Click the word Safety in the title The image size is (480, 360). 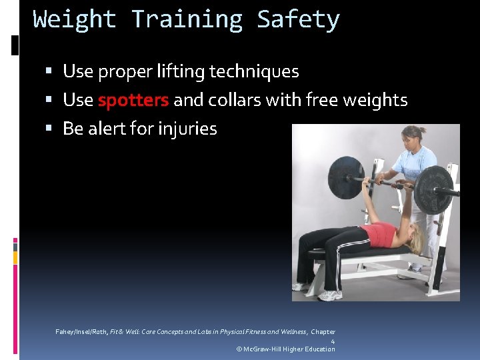tap(298, 19)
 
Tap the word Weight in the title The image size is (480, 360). tap(75, 19)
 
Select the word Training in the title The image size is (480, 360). tap(187, 19)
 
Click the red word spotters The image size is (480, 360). tap(133, 100)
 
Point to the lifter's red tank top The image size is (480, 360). tap(379, 235)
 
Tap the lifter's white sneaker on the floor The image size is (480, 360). tap(329, 294)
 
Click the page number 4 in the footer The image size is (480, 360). tap(333, 341)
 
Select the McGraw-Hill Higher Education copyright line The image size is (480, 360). tap(286, 349)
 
